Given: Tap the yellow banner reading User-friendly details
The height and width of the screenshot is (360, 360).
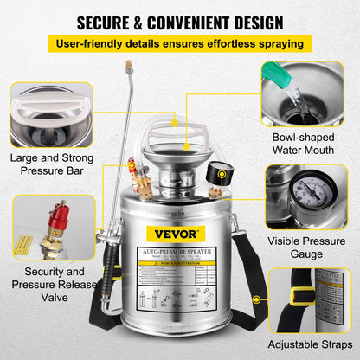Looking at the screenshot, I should (x=180, y=42).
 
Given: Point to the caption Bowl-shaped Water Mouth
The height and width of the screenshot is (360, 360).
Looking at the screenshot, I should (x=308, y=143).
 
